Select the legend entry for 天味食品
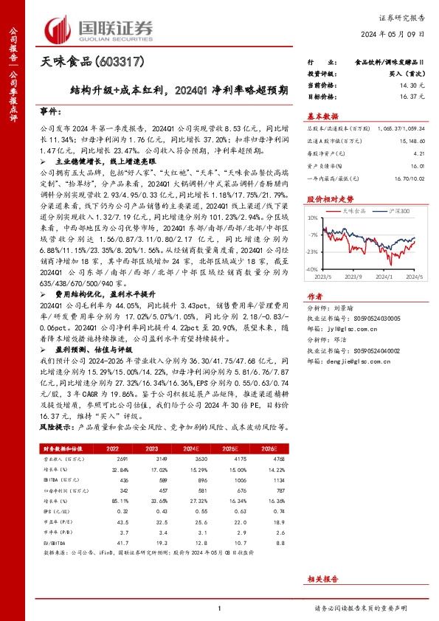353,211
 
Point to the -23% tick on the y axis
313,251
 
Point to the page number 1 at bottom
219,608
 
